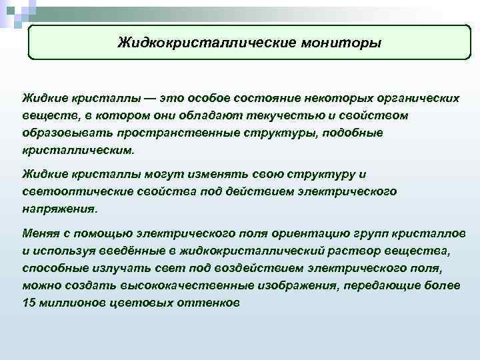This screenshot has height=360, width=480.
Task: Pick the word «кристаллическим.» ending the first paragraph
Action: point(78,150)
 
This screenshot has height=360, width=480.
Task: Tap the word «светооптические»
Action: point(71,191)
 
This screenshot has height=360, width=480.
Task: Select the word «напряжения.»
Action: point(59,209)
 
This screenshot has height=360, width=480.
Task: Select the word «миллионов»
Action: point(73,303)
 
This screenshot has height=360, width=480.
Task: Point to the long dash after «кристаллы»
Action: point(151,98)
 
